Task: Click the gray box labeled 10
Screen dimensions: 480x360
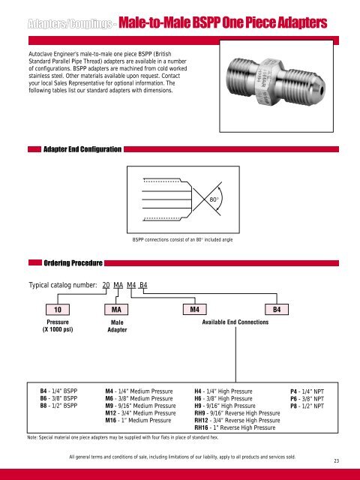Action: point(58,309)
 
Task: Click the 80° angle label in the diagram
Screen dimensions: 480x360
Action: point(214,200)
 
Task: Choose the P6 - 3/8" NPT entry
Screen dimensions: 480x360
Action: point(306,398)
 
